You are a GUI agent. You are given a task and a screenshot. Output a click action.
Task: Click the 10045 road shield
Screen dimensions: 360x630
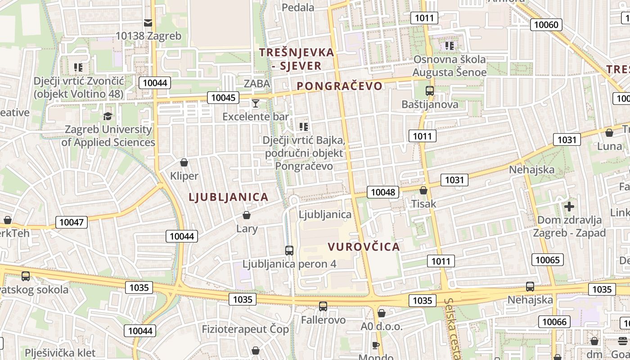[223, 97]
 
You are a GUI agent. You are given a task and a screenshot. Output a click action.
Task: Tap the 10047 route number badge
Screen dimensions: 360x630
[72, 222]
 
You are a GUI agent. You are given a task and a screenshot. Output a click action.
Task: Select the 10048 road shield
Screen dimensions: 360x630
[383, 192]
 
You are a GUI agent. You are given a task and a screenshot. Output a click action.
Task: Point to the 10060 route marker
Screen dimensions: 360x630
[547, 24]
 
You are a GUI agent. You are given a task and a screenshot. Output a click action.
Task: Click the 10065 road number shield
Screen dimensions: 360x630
[548, 260]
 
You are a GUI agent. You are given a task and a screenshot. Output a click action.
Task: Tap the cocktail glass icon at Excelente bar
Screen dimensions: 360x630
[256, 103]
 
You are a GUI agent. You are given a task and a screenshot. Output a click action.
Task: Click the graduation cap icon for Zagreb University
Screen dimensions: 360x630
[108, 116]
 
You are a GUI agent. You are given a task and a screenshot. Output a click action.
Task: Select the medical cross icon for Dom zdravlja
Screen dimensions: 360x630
[569, 207]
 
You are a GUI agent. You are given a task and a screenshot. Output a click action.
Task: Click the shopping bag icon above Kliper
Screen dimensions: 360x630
[184, 162]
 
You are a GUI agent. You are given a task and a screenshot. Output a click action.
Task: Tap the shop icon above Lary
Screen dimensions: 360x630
[247, 215]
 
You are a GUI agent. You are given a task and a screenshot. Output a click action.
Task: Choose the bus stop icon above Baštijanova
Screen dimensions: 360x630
[429, 91]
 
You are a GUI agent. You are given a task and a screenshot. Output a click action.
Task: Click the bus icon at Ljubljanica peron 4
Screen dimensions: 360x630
[289, 251]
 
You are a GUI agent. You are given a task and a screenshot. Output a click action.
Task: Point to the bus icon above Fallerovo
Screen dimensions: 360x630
[323, 306]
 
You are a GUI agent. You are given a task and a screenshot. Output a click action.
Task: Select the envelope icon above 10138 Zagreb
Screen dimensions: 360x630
[148, 22]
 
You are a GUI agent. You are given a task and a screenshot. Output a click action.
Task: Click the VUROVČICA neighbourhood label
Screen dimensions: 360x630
[364, 247]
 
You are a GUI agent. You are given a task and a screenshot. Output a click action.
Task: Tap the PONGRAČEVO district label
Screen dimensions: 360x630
[339, 86]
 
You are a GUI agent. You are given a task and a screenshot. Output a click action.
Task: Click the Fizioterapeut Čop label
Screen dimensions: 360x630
[245, 329]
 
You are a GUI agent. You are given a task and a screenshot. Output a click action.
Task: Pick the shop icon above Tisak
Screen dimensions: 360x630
[423, 190]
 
